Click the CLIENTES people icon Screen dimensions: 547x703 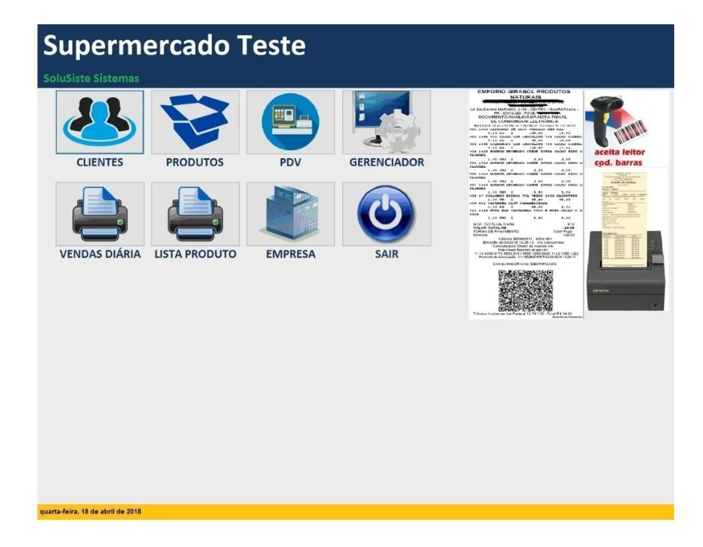point(99,122)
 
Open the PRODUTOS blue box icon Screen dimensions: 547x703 point(195,122)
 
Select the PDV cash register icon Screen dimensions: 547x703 point(290,122)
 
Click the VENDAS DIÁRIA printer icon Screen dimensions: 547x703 point(99,214)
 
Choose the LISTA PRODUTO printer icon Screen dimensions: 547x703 point(195,214)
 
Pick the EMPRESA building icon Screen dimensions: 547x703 point(290,214)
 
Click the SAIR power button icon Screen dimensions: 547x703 point(386,214)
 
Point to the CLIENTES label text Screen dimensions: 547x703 point(99,162)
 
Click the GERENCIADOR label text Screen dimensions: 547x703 point(386,162)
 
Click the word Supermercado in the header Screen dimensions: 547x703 point(129,46)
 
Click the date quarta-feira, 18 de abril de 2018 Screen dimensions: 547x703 point(90,511)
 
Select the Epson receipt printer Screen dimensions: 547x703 point(624,272)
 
